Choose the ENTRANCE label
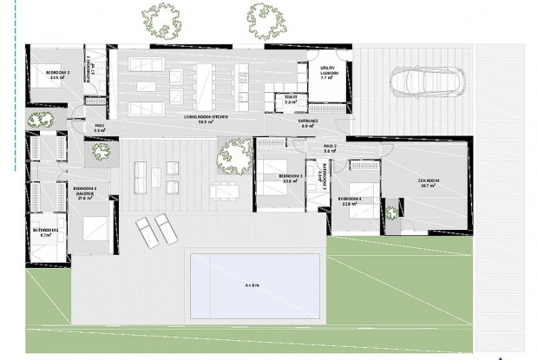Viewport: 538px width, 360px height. pos(309,122)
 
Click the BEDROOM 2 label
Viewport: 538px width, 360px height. pos(58,75)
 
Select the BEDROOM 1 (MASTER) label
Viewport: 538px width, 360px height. pos(84,193)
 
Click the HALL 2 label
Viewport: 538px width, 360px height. pos(330,147)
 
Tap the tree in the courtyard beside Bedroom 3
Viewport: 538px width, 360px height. pos(234,154)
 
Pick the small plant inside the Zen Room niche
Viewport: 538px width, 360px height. pos(391,211)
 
